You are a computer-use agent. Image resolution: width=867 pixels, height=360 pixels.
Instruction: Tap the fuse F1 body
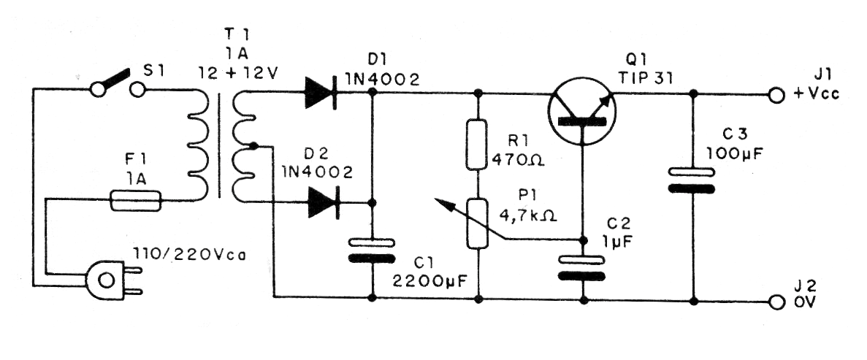pos(135,201)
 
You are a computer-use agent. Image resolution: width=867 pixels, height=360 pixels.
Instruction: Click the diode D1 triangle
pos(320,93)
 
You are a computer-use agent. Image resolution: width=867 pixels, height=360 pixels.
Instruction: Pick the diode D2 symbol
pos(322,202)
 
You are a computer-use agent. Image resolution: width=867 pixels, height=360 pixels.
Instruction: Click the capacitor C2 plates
pos(582,267)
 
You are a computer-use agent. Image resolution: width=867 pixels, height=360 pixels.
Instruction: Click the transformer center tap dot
pos(252,146)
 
